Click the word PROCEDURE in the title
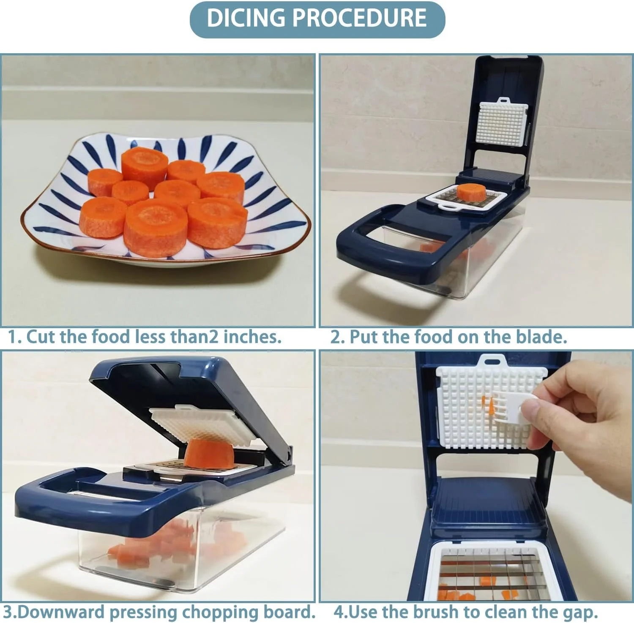pyautogui.click(x=359, y=19)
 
